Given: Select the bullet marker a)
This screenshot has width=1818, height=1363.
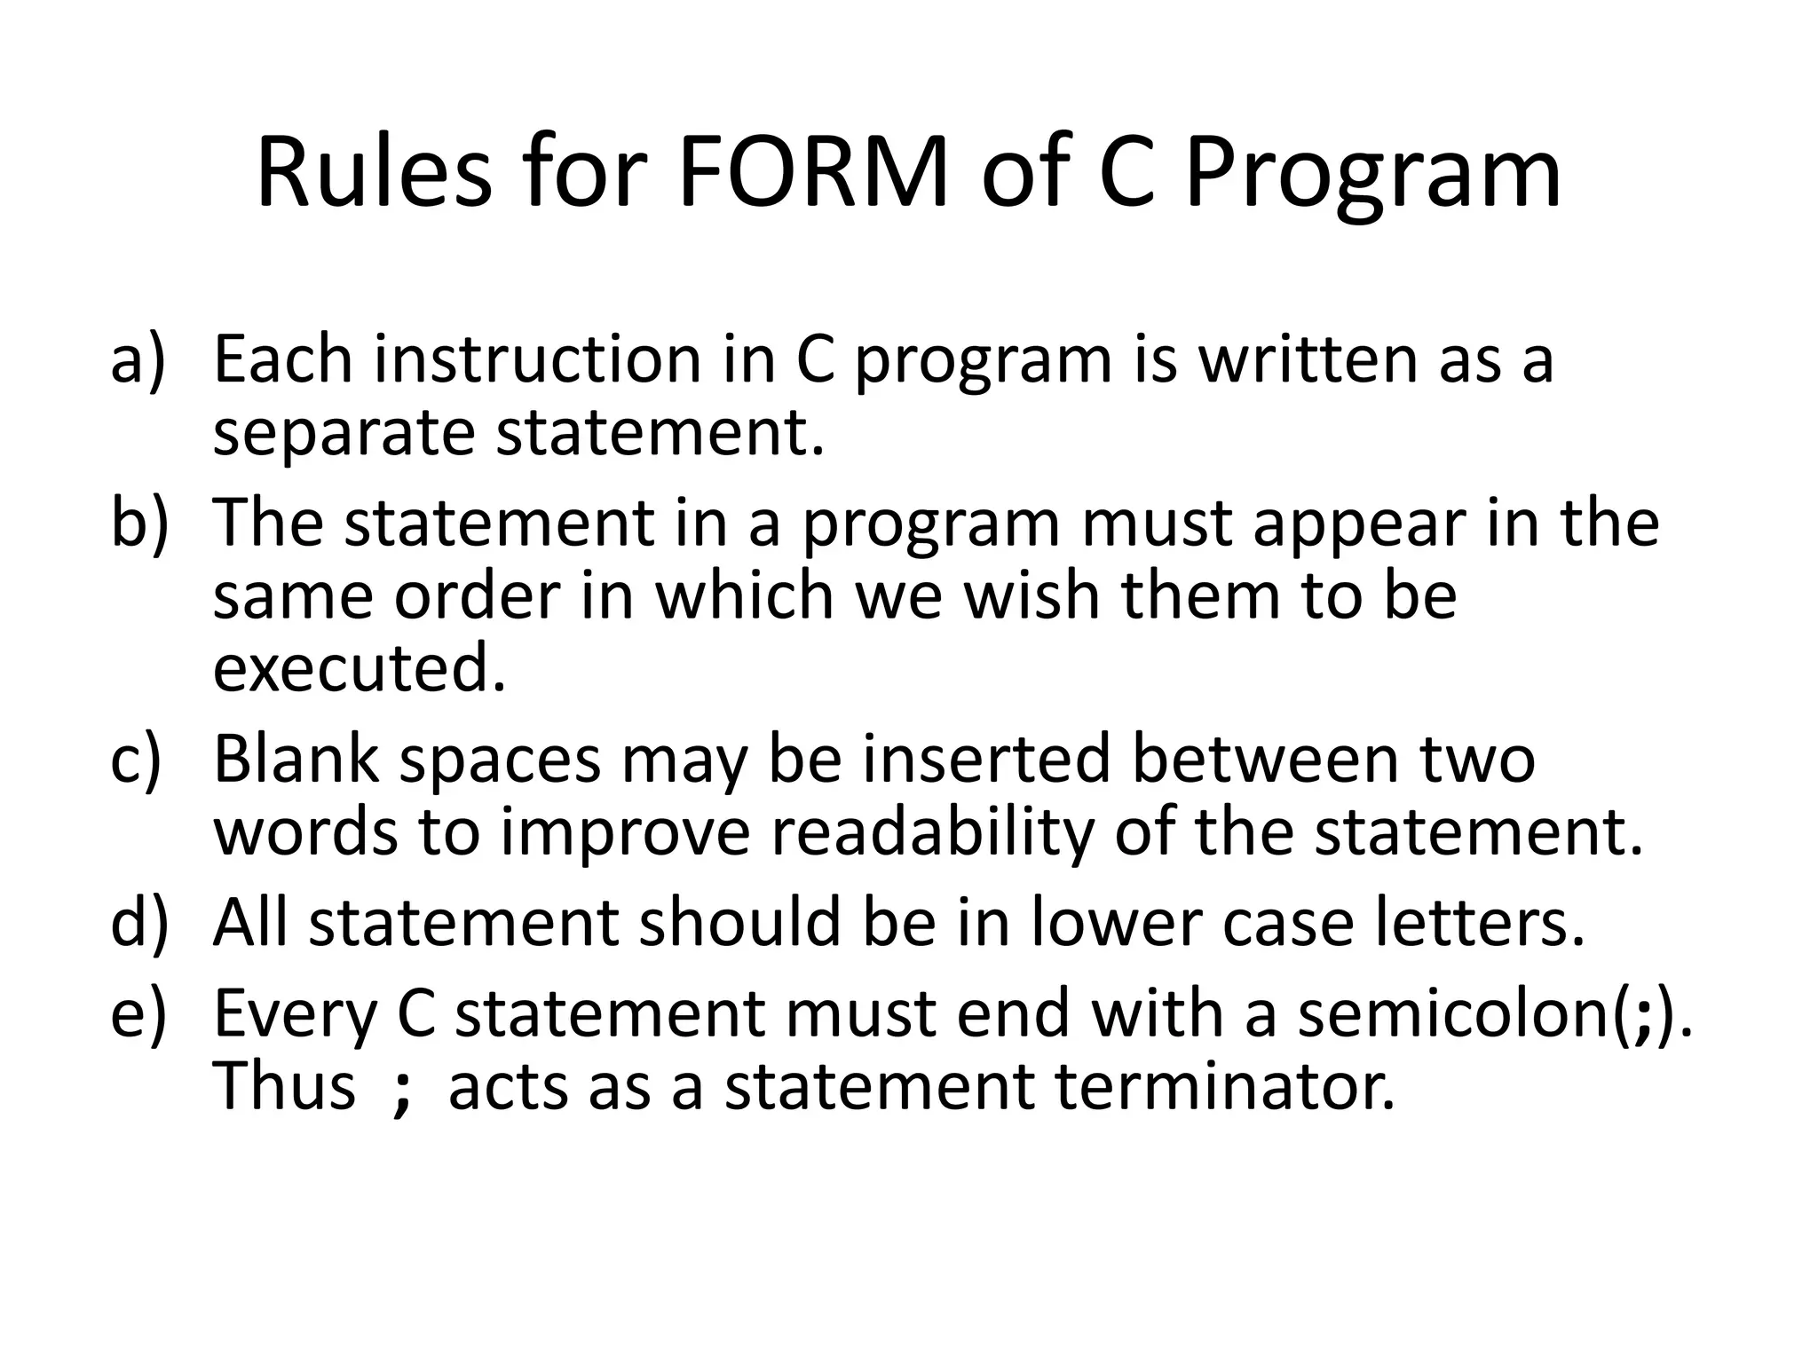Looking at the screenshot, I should tap(138, 358).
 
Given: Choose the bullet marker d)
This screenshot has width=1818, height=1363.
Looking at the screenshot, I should tap(138, 923).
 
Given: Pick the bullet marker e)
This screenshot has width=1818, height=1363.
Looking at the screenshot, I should tap(138, 1013).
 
